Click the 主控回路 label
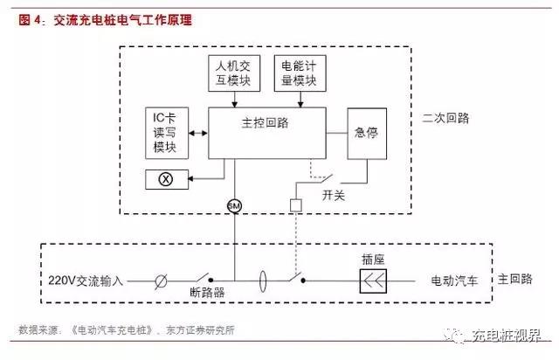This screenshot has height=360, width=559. [267, 123]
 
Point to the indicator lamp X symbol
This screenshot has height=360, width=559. [164, 180]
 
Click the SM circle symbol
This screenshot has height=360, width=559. [234, 204]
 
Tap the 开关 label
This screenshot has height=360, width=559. [335, 195]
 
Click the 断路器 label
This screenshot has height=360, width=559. [206, 294]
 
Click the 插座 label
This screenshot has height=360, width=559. [374, 260]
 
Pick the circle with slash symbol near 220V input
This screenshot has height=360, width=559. [160, 281]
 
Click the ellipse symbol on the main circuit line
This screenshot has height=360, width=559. [263, 281]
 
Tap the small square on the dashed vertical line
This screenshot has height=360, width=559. [296, 205]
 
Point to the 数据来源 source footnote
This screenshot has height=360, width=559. [127, 330]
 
